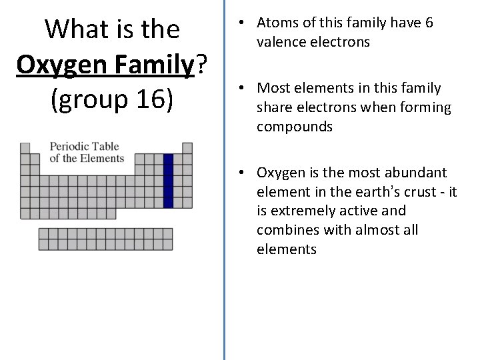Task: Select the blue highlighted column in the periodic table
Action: click(x=168, y=181)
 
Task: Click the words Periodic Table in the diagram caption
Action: click(x=84, y=147)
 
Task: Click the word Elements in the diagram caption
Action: click(x=102, y=158)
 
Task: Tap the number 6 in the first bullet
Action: click(x=429, y=23)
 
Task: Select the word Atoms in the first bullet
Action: click(x=277, y=23)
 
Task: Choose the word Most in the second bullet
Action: click(x=273, y=88)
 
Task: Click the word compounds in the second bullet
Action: click(x=294, y=127)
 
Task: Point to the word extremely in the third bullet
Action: click(x=299, y=211)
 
